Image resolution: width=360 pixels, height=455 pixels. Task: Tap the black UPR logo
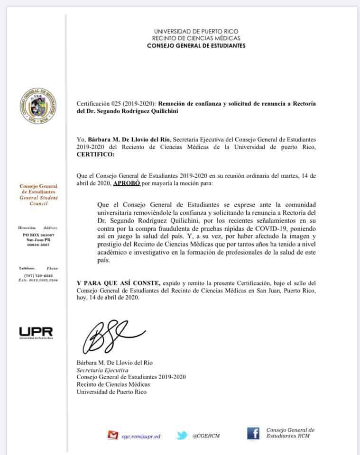[x=36, y=332]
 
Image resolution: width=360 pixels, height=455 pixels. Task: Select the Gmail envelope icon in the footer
[x=112, y=434]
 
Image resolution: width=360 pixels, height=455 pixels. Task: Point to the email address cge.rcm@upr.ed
[x=139, y=435]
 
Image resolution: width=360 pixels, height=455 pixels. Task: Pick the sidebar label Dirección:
[x=26, y=227]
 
